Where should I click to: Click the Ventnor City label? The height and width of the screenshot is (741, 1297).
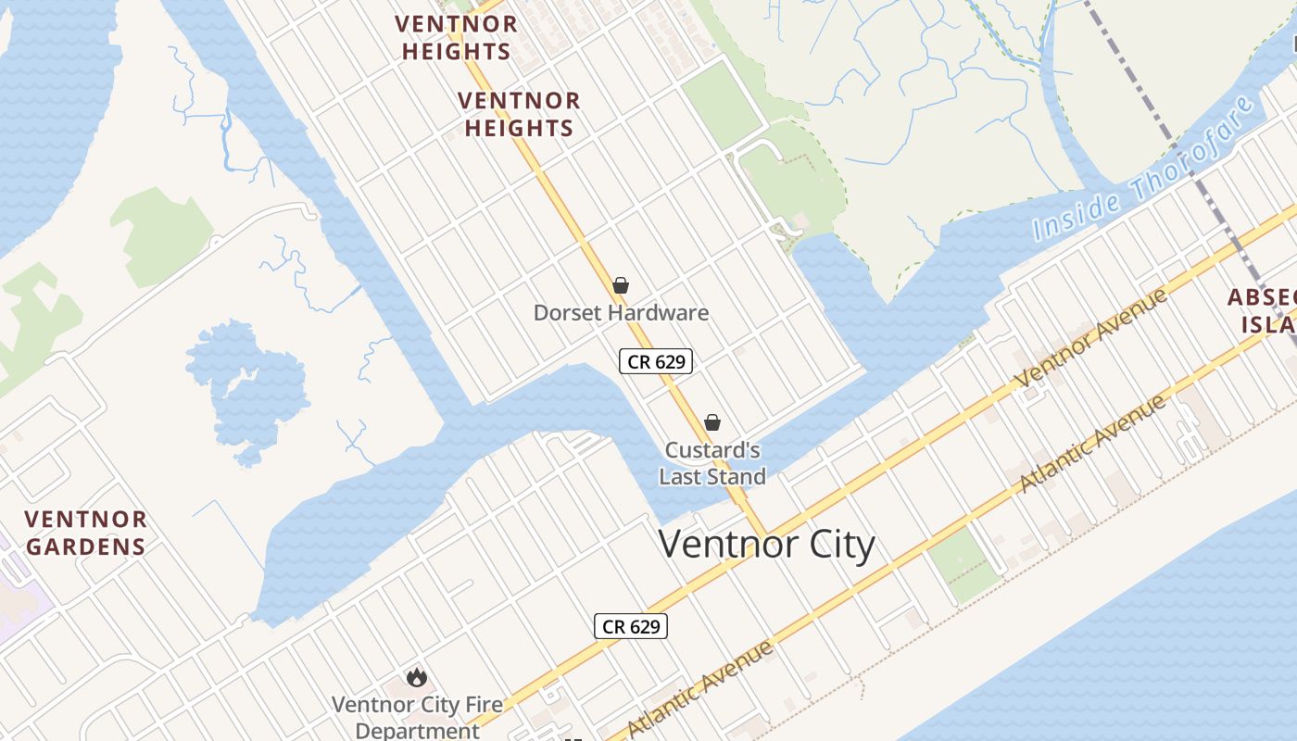(x=766, y=544)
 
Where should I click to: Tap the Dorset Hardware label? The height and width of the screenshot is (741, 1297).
(x=621, y=313)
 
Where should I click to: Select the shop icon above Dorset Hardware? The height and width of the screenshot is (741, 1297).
(x=621, y=285)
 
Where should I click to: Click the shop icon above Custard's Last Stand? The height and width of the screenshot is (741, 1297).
(x=712, y=423)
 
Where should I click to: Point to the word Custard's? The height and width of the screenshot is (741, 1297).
(x=712, y=451)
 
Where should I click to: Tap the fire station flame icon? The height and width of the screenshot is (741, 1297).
(x=417, y=678)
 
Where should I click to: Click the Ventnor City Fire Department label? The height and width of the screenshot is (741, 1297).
(x=417, y=717)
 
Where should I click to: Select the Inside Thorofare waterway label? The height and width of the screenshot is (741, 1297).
(x=1149, y=171)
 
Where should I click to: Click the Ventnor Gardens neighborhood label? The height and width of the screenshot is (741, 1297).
(x=85, y=533)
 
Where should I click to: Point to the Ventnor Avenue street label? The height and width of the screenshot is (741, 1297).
(x=1092, y=339)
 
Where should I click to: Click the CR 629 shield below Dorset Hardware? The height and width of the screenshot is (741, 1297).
(x=656, y=361)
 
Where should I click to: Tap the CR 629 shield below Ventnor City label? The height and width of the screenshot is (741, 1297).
(x=630, y=626)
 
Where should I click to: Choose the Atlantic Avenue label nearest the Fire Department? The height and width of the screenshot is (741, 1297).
(x=701, y=687)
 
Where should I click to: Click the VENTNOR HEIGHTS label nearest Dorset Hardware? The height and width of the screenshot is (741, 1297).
(x=519, y=114)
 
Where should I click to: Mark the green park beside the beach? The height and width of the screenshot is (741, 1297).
(x=963, y=564)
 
